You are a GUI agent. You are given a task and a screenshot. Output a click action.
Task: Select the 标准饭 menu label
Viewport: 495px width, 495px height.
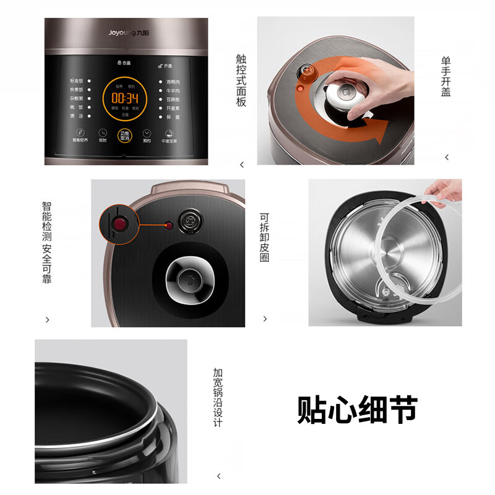75,80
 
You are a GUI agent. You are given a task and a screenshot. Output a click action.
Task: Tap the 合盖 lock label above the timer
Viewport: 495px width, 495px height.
124,63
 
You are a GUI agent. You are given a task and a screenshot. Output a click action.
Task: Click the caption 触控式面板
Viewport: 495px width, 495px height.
241,80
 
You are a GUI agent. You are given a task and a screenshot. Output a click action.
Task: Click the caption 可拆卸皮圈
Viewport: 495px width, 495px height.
265,239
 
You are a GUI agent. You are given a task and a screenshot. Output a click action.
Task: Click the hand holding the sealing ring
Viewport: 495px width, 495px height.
444,192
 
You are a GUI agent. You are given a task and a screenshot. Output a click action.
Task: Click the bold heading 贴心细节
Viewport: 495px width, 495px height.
357,409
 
